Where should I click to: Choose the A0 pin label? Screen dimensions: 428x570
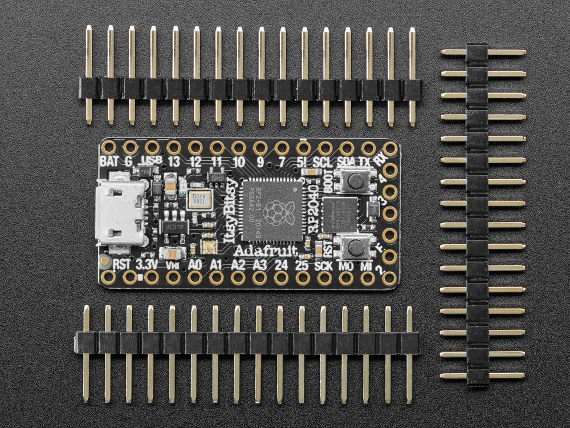tap(195, 264)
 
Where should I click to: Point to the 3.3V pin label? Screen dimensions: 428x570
tap(146, 264)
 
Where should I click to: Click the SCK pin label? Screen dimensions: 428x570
tap(323, 264)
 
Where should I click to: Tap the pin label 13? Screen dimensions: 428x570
tap(174, 162)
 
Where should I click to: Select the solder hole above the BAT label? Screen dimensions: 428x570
tap(108, 147)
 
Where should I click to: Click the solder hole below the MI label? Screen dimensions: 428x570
tap(368, 278)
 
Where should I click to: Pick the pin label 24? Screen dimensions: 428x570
tap(281, 264)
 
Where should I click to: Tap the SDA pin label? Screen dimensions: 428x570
tap(345, 162)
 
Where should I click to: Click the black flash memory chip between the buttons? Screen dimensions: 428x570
tap(340, 215)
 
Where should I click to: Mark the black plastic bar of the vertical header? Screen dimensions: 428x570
tap(477, 214)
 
